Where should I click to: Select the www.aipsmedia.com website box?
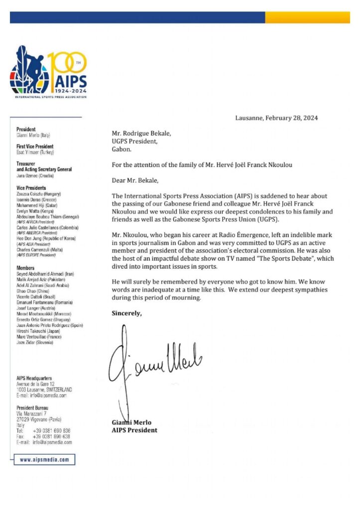pos(44,459)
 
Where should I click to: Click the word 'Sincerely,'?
pos(126,313)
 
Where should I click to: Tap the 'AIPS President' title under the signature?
pos(134,430)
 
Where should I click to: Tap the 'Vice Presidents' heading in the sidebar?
pos(31,188)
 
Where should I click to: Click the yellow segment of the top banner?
pos(307,17)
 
